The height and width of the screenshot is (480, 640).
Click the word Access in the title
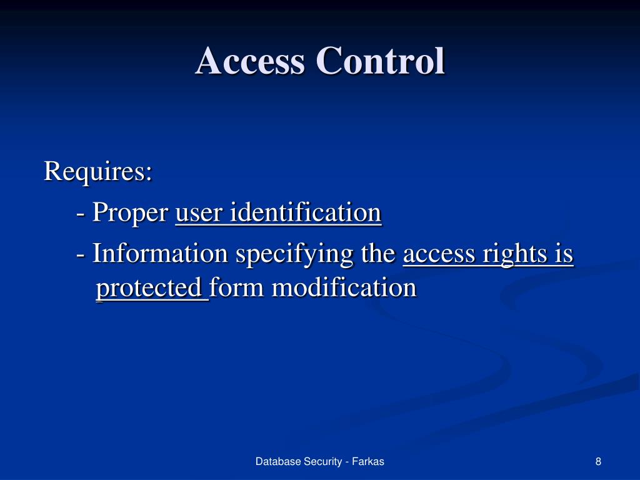point(251,61)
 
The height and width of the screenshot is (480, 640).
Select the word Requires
point(97,171)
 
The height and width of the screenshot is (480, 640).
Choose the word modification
point(344,288)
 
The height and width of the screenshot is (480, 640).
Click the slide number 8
point(598,462)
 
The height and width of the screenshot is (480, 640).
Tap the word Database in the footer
point(278,462)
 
